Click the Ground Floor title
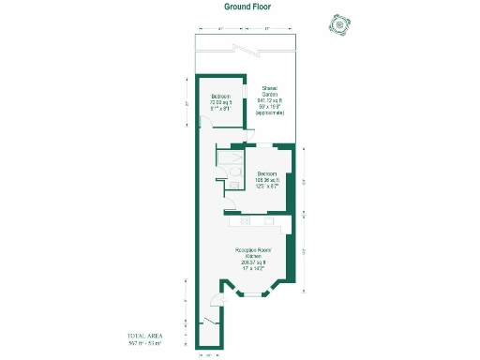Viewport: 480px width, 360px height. coord(247,7)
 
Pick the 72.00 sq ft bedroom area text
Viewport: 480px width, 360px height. coord(221,102)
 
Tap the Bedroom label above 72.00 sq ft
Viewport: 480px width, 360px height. coord(221,97)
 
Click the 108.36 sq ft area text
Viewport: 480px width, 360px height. coord(267,180)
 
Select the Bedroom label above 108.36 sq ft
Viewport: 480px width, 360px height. coord(267,173)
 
